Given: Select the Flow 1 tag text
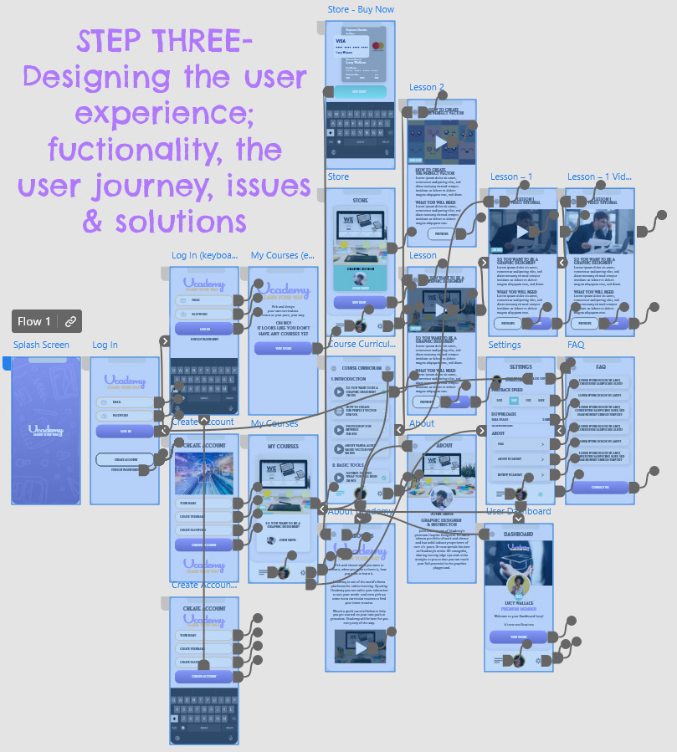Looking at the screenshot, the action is coord(34,321).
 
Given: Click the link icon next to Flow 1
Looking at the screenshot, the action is coord(70,321).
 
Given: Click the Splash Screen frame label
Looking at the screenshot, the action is coord(41,345).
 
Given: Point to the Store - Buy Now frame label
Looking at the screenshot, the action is coord(361,10).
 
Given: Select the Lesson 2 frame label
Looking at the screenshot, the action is coord(426,87).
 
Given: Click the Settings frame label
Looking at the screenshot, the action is coord(505,345).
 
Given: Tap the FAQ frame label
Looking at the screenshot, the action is coord(576,345).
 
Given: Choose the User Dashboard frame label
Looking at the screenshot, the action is coord(519,511).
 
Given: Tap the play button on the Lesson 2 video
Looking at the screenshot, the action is coord(440,141).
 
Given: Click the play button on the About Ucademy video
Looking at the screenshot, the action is coord(361,648).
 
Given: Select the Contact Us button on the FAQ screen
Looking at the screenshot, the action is coord(600,487).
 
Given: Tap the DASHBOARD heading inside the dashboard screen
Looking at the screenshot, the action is coord(519,534).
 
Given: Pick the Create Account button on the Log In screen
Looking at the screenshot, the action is coord(125,459).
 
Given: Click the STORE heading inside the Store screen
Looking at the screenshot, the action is coord(360,200).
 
